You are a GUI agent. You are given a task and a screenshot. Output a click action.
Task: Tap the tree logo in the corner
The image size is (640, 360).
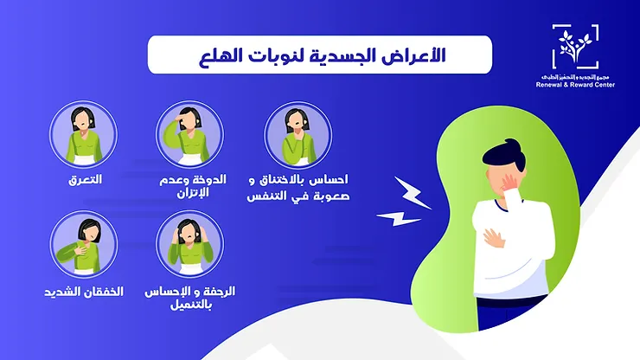coord(575,47)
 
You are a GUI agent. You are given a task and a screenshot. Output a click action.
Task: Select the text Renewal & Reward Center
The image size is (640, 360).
coord(575,85)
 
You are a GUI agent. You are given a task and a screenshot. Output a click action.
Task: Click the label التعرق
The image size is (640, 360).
coord(85,180)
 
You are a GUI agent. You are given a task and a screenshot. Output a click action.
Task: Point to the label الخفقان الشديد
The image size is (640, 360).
coord(84,292)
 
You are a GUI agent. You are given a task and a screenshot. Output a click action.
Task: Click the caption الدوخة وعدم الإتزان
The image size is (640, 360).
coord(193,186)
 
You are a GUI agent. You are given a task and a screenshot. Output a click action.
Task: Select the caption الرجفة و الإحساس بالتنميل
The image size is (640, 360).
coord(190,298)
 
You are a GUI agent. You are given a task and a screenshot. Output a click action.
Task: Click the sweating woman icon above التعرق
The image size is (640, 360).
coord(84,135)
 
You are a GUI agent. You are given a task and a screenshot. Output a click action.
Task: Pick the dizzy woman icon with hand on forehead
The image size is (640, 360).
coord(189,135)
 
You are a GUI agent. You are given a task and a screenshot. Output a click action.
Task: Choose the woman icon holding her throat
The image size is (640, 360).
coord(298,135)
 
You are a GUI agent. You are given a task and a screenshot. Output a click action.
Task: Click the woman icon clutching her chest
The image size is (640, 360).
coord(84,245)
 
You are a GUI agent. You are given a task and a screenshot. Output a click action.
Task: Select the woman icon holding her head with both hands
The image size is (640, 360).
coord(189,244)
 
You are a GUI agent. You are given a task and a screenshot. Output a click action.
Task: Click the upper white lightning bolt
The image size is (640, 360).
coord(413,193)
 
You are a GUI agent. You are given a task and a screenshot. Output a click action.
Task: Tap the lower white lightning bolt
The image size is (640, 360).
coord(398,218)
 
